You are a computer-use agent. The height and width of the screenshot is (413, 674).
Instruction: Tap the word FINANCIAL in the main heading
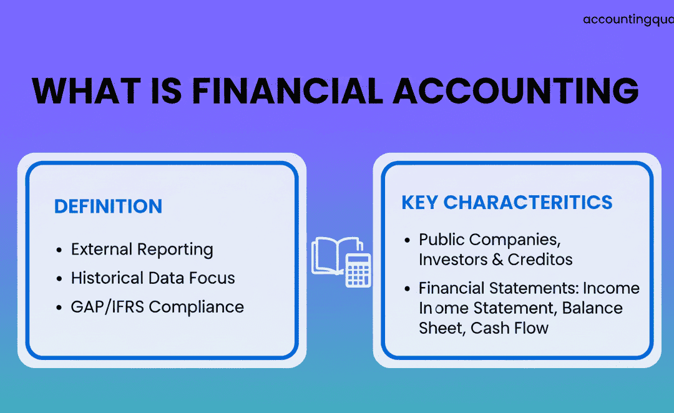[x=287, y=91]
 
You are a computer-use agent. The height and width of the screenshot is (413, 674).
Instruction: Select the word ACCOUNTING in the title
[x=515, y=91]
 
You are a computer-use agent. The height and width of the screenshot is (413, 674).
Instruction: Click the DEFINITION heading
[x=108, y=206]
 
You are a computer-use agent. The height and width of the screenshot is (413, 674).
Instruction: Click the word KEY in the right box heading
[x=420, y=202]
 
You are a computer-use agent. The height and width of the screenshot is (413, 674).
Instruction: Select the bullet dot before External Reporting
[x=59, y=250]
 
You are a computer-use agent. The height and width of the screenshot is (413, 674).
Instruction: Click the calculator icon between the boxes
[x=358, y=270]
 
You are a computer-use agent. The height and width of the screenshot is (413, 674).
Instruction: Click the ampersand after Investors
[x=497, y=260]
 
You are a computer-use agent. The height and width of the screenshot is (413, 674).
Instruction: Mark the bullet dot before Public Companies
[x=408, y=240]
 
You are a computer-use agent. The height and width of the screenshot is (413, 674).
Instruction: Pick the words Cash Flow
[x=509, y=328]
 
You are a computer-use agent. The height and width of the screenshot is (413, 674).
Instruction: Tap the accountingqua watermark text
[x=628, y=20]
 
